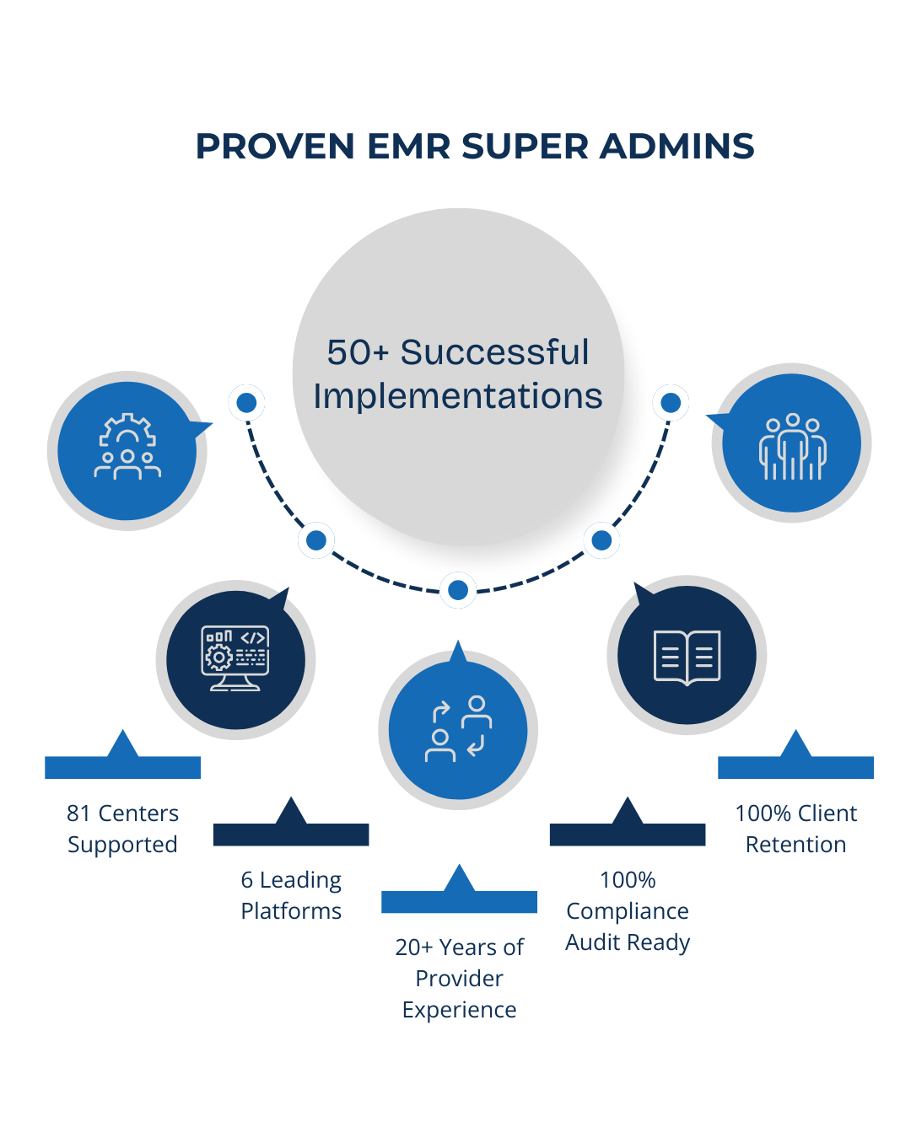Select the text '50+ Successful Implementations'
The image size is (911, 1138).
(458, 374)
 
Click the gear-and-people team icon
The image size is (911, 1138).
(127, 448)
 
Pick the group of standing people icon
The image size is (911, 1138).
(792, 446)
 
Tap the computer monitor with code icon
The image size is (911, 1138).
(235, 658)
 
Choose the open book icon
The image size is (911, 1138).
(687, 657)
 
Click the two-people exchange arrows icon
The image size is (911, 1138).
(458, 729)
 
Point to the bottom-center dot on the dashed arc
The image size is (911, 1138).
(458, 590)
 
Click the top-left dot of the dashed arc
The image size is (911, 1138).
(246, 404)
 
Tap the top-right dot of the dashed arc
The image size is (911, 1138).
(671, 404)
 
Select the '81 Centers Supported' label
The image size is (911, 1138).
(122, 829)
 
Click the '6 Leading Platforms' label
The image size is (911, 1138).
(291, 895)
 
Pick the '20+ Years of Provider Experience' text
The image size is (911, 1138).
(460, 978)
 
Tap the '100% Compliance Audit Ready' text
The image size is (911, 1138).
(628, 911)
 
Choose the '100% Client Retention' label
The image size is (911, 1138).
(795, 829)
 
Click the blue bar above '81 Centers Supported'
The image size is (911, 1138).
(123, 767)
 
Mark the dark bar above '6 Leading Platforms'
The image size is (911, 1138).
(291, 835)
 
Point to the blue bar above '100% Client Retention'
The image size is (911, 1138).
(795, 767)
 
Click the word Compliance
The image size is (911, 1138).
(628, 911)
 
